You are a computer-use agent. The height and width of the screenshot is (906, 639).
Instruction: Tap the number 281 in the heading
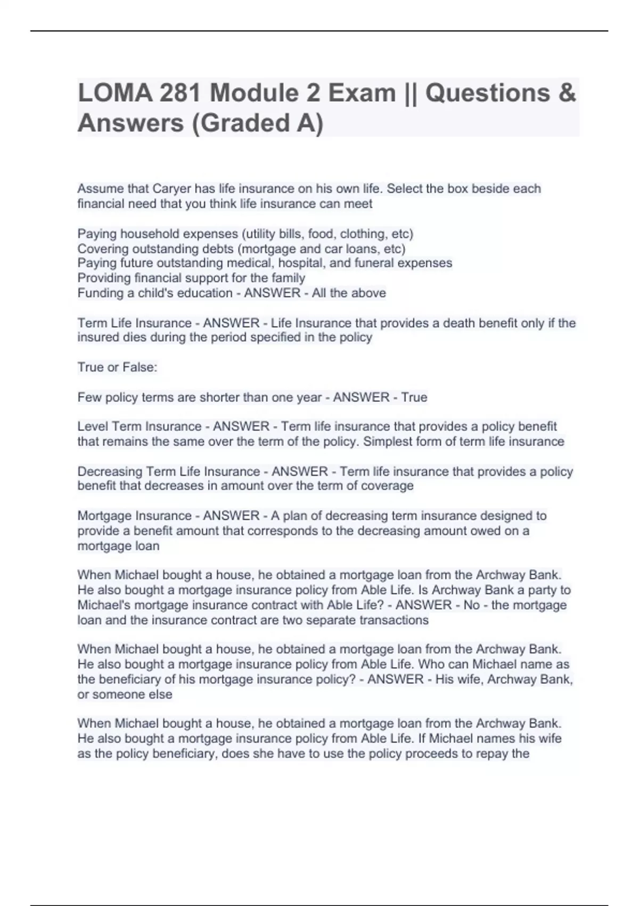tap(180, 94)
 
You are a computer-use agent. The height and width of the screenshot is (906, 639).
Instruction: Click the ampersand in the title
tap(568, 94)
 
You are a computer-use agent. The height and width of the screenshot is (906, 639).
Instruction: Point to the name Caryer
tap(171, 189)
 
